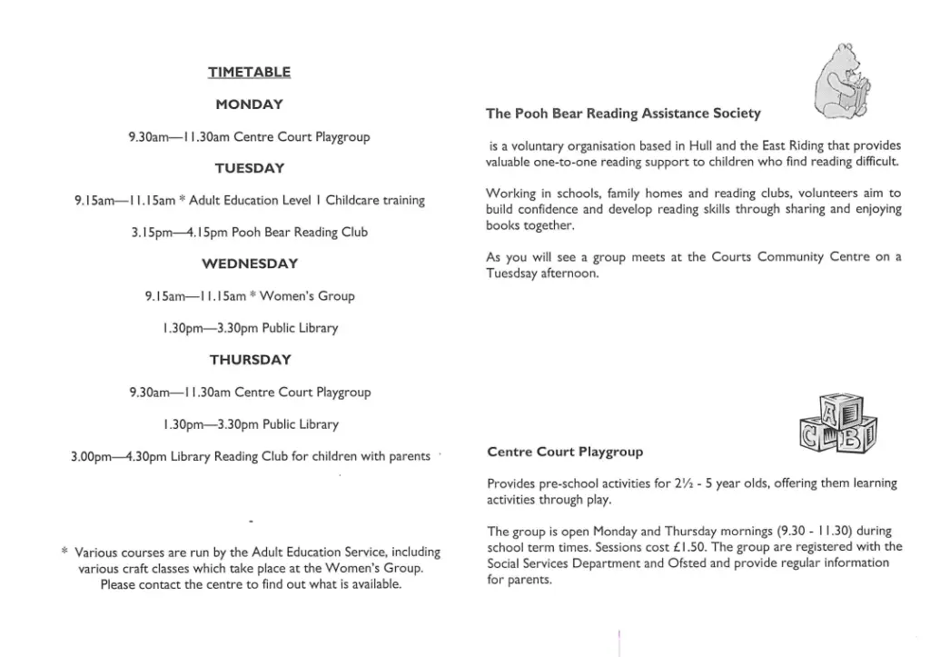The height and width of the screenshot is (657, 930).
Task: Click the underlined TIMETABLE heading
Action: (249, 72)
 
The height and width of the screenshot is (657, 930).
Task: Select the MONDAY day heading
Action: (249, 105)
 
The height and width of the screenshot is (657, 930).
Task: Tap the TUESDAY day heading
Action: (249, 168)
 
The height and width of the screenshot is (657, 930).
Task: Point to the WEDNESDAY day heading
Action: (249, 264)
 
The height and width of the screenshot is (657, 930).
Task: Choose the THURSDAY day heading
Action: (250, 360)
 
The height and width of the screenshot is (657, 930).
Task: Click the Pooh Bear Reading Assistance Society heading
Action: (623, 114)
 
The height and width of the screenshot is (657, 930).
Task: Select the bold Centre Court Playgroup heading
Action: (565, 452)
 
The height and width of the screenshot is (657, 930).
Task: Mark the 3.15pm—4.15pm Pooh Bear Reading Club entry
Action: (249, 233)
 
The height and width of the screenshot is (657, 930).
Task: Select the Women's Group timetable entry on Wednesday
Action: (249, 296)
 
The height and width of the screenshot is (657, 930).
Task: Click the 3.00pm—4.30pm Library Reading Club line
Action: (250, 456)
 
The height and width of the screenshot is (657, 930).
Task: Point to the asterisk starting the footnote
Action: (64, 551)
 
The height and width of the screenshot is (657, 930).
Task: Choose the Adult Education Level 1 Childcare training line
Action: (249, 200)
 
